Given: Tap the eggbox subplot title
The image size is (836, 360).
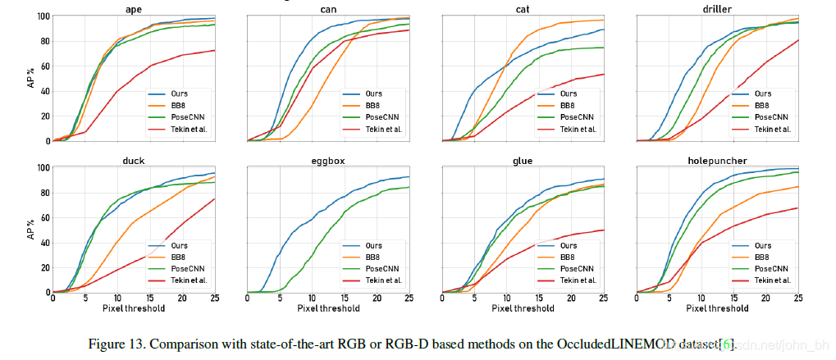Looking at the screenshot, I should click(328, 161).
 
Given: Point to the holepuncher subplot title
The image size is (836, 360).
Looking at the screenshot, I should click(718, 161).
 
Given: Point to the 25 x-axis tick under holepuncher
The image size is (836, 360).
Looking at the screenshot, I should click(798, 299).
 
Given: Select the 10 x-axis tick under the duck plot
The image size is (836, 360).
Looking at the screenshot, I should click(117, 299).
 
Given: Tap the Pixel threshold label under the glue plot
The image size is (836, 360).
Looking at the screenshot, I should click(523, 308).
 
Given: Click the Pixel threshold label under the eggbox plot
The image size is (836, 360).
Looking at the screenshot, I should click(328, 308).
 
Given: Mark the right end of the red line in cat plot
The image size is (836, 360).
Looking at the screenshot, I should click(605, 75).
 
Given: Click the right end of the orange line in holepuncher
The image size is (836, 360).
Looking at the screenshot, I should click(798, 187).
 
